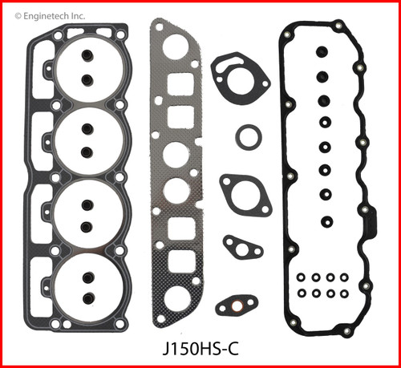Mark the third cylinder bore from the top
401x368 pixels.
[86, 215]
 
